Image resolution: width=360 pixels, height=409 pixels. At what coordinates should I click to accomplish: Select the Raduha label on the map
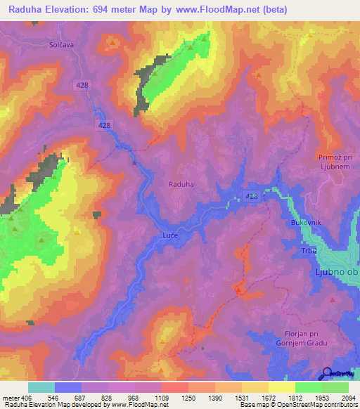click(181, 184)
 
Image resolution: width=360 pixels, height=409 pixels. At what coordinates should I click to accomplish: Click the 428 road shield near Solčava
click(82, 84)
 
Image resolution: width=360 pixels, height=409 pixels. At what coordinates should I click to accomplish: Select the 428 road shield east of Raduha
click(253, 196)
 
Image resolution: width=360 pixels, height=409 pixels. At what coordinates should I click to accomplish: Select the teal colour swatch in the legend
click(41, 387)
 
